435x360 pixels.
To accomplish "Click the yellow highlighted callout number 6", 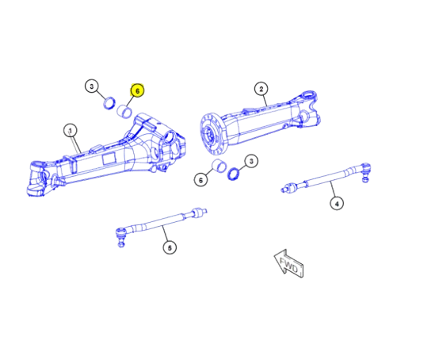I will pos(136,91).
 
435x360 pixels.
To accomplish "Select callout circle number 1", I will pos(70,130).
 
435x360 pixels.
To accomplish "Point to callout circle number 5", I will pos(170,248).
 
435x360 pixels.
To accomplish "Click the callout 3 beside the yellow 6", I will pos(92,86).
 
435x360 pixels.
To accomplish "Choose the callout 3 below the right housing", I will pos(250,162).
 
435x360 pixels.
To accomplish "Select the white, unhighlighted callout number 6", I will pos(201,181).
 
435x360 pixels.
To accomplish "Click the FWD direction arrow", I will pos(287,265).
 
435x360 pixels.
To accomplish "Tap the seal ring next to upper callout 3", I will pos(111,101).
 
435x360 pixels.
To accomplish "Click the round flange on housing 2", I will pos(210,132).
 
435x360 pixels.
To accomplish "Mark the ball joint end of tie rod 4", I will pos(366,168).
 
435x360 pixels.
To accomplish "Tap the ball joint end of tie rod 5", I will pos(120,234).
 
